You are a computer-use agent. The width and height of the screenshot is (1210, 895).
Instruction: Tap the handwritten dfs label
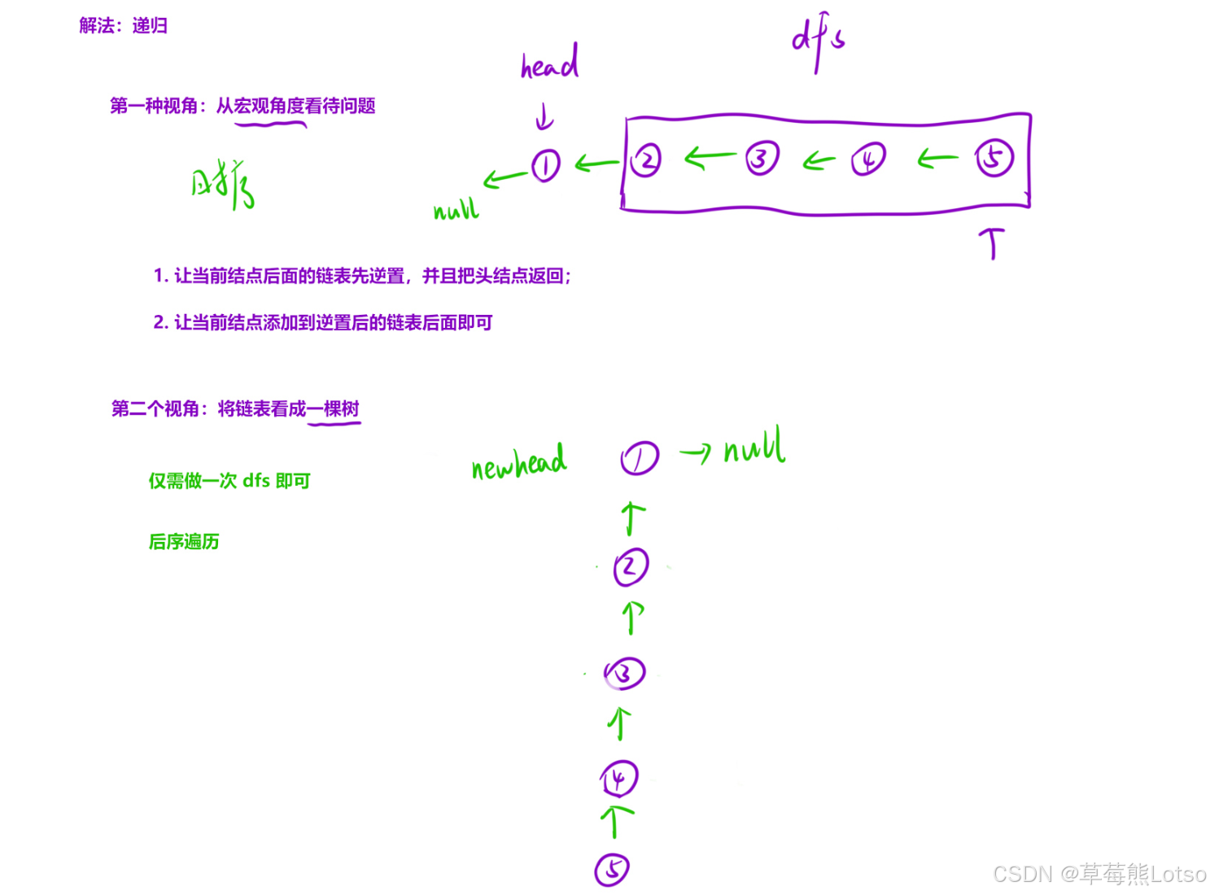coord(818,42)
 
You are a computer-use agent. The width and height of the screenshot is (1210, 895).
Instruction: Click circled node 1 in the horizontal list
coord(546,166)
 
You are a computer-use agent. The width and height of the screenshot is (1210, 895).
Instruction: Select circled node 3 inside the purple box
coord(762,158)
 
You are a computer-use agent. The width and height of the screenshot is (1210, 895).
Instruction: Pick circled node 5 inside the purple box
coord(994,158)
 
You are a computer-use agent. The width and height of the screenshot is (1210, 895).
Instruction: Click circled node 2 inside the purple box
coord(646,159)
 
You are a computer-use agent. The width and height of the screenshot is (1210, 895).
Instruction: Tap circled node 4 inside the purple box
coord(868,159)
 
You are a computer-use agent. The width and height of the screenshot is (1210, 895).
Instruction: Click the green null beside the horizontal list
coord(456,211)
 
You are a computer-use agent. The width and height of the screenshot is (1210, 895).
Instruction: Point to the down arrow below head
coord(544,119)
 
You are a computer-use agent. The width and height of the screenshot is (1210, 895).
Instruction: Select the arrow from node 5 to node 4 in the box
coord(937,160)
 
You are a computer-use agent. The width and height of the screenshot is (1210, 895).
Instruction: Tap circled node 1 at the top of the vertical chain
coord(640,458)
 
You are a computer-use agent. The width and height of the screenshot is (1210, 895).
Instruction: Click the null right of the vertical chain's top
coord(754,447)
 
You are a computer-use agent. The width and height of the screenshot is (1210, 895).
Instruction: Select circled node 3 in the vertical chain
coord(624,674)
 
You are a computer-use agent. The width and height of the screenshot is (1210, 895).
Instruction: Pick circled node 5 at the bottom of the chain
coord(612,869)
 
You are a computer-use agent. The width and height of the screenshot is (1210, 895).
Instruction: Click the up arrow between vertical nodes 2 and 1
coord(632,518)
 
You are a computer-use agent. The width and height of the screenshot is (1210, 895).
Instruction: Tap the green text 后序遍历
coord(184,542)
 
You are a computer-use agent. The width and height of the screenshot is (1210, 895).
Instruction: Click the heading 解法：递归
coord(124,26)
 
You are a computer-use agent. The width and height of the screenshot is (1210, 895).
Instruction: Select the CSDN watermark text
coord(1099,874)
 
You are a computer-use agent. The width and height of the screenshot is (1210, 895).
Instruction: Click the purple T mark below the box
coord(991,242)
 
